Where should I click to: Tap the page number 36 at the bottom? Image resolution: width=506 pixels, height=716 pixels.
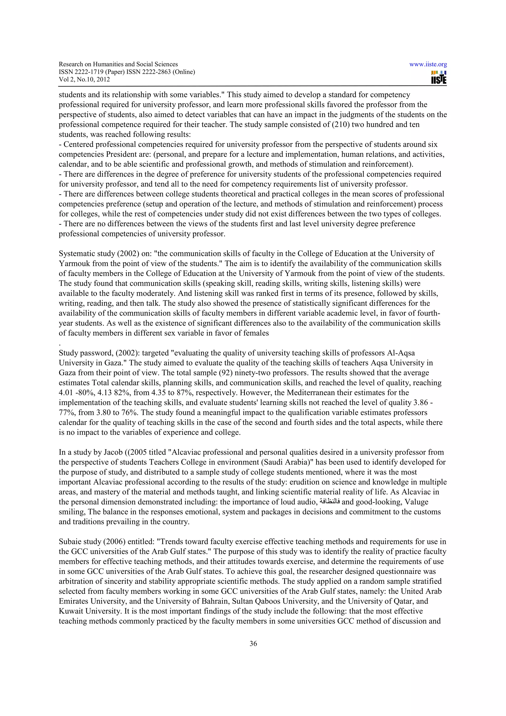pyautogui.click(x=253, y=643)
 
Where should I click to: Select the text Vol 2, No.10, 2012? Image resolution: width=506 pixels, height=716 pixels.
pyautogui.click(x=84, y=79)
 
